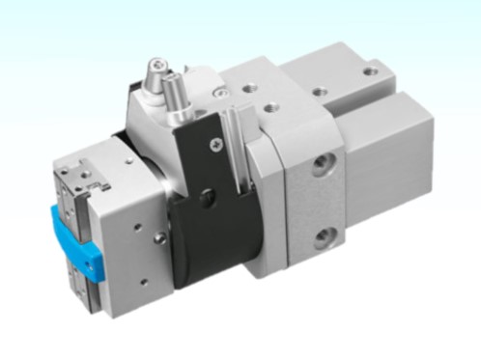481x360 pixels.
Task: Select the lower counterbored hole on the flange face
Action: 325,235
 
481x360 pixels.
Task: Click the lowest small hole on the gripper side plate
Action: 143,280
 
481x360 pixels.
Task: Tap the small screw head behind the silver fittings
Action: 221,93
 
